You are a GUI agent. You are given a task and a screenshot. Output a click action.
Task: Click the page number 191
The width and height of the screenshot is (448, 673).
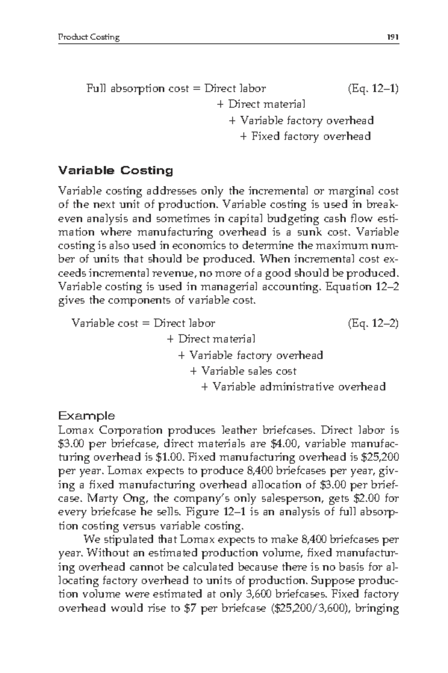393,37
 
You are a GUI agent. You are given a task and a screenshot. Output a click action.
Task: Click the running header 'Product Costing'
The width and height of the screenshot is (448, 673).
89,37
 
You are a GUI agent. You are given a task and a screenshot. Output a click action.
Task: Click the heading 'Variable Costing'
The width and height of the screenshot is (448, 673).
116,171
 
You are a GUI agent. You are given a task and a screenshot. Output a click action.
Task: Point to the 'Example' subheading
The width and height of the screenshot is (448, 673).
87,415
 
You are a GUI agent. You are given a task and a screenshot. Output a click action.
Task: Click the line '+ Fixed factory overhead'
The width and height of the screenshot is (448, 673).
305,136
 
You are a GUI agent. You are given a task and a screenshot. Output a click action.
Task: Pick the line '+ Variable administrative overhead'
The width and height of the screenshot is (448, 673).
293,387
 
